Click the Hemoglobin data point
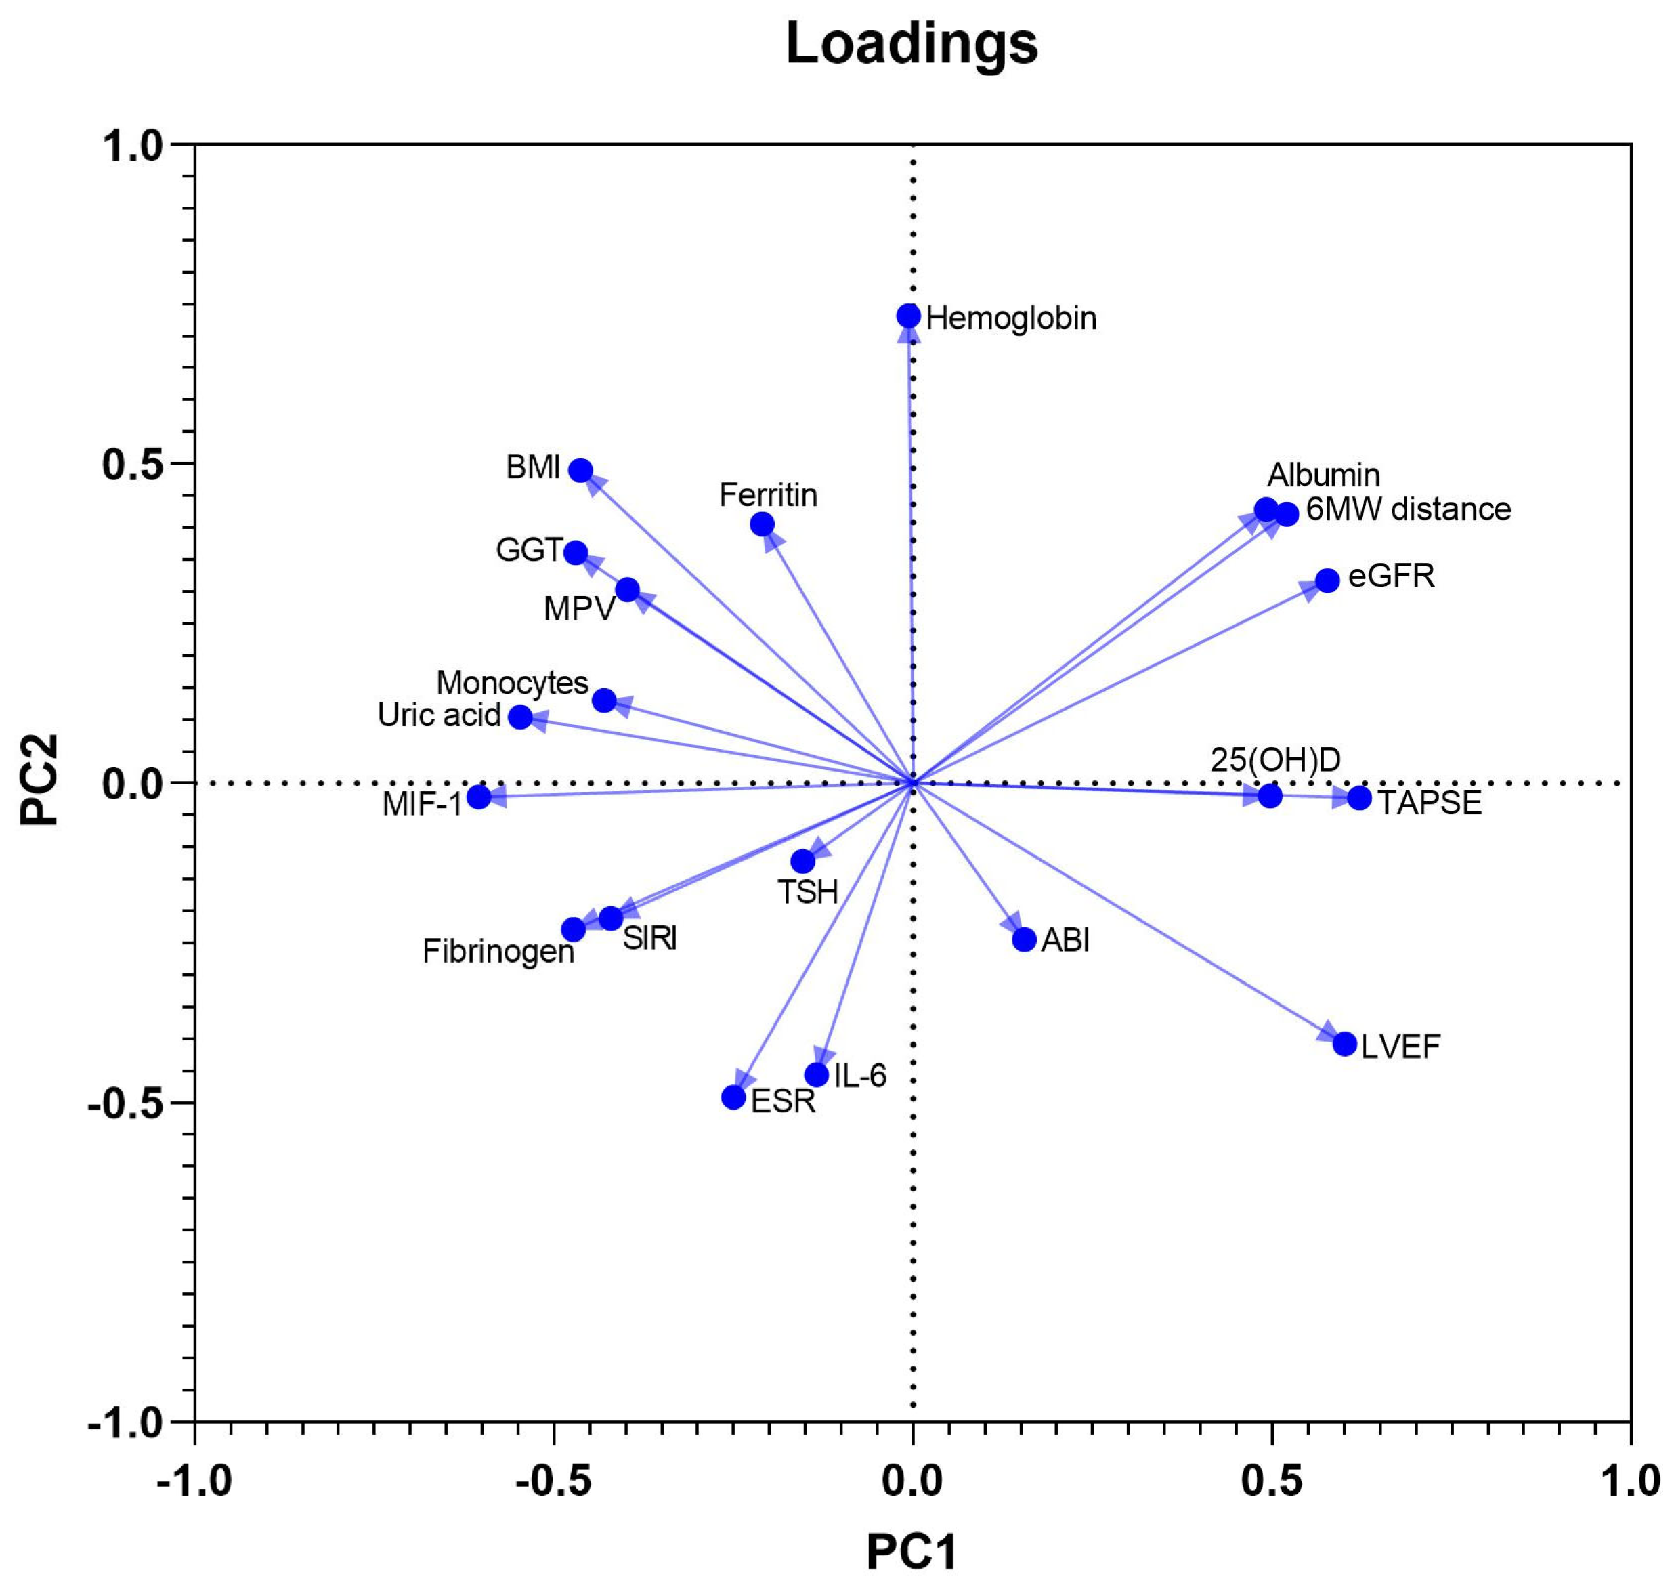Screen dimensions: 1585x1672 908,316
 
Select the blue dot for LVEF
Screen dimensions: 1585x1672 1345,1043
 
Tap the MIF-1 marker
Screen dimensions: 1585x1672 479,797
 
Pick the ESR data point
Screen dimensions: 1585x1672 733,1097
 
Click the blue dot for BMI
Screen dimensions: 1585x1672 580,470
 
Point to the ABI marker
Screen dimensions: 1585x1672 1024,939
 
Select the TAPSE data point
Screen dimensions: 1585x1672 1359,797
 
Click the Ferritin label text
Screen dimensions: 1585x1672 768,495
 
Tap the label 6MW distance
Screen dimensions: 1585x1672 1409,509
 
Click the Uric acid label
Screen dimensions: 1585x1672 440,715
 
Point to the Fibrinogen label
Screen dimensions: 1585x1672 498,952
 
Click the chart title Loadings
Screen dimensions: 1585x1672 912,44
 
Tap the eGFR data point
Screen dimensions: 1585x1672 1327,580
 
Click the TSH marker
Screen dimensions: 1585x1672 802,862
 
